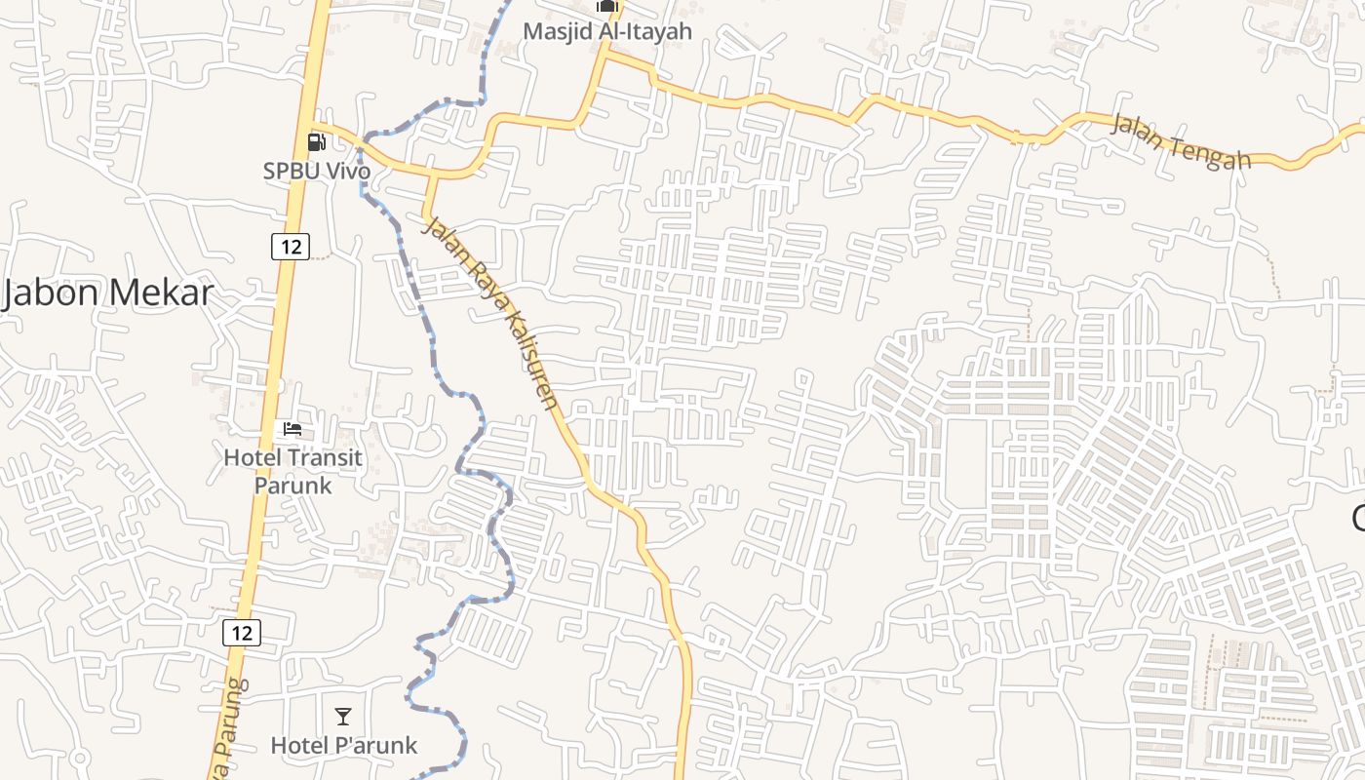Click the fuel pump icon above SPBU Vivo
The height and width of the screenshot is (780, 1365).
point(317,142)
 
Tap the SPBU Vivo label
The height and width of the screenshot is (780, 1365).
point(317,171)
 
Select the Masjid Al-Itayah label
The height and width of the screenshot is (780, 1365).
point(607,31)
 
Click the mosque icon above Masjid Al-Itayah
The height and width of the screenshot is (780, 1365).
point(607,6)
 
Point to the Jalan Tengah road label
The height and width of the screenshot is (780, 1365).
point(1181,141)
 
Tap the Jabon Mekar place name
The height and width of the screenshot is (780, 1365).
point(107,292)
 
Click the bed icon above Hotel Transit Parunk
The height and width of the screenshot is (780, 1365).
point(292,429)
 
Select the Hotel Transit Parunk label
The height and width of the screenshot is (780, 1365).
point(292,471)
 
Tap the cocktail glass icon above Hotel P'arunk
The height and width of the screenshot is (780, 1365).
point(343,718)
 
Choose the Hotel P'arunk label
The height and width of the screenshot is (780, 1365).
point(343,746)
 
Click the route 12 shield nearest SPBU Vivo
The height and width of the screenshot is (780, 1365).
point(291,247)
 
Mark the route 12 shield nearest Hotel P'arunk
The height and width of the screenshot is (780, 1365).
point(242,633)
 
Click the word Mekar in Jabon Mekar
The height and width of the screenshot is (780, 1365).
point(161,292)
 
